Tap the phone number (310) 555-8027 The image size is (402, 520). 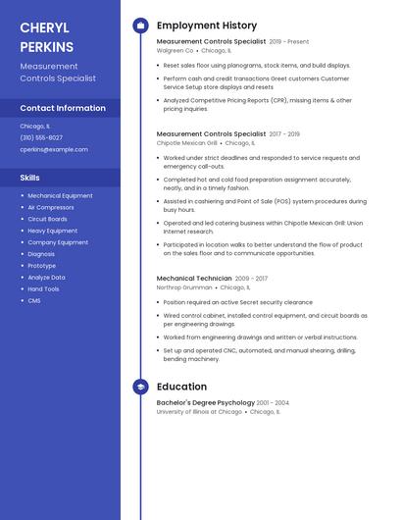(41, 137)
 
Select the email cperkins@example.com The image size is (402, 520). (54, 149)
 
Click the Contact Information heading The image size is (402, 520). (63, 108)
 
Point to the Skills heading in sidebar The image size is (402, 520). (30, 178)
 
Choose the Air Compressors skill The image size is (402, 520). (51, 207)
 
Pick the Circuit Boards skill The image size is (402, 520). (47, 219)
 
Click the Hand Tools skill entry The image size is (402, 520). (43, 288)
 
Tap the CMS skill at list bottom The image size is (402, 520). (34, 300)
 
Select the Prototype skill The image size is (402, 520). (42, 265)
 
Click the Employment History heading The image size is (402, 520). (207, 26)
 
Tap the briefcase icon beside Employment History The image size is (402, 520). (140, 26)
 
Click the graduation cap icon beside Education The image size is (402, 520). (140, 387)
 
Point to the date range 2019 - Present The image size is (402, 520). (288, 41)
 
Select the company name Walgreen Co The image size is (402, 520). (176, 50)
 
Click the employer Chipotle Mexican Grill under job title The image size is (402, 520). (187, 142)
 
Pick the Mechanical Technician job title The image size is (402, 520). (194, 278)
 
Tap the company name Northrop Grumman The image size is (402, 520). (183, 287)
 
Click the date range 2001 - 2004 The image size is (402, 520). (273, 402)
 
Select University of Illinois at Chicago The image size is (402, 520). (199, 412)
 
